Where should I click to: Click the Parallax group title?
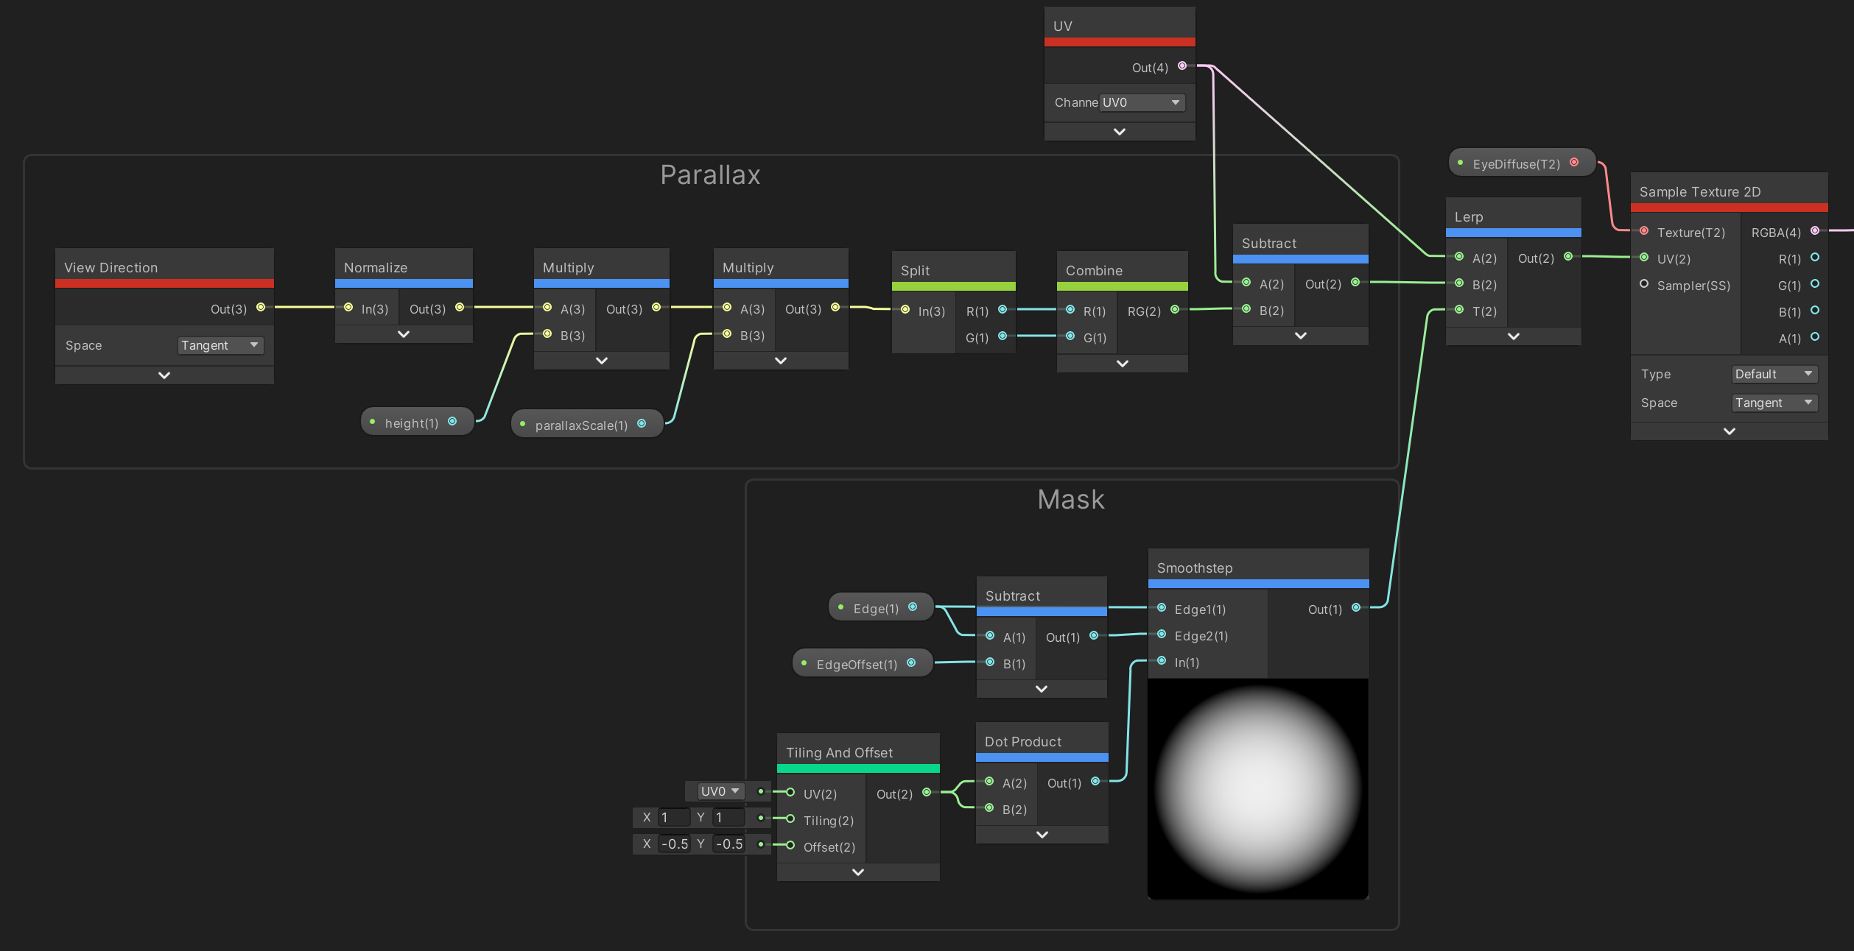pyautogui.click(x=710, y=175)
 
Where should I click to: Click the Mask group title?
pyautogui.click(x=1071, y=500)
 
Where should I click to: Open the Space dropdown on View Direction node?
pyautogui.click(x=220, y=345)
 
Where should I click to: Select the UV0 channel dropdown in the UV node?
pyautogui.click(x=1142, y=102)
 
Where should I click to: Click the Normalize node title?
pyautogui.click(x=376, y=267)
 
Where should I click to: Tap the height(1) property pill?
pyautogui.click(x=417, y=423)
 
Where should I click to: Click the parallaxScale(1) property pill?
pyautogui.click(x=587, y=425)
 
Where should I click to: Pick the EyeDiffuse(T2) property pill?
pyautogui.click(x=1522, y=163)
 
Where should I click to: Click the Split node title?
pyautogui.click(x=915, y=270)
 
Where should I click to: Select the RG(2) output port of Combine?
pyautogui.click(x=1175, y=310)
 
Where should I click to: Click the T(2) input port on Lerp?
pyautogui.click(x=1459, y=310)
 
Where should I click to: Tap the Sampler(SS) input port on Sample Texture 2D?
pyautogui.click(x=1644, y=284)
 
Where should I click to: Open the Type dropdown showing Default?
pyautogui.click(x=1774, y=374)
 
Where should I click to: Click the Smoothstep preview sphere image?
pyautogui.click(x=1258, y=788)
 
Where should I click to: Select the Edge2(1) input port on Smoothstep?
pyautogui.click(x=1162, y=634)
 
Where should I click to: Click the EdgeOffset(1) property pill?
pyautogui.click(x=863, y=663)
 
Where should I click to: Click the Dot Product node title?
pyautogui.click(x=1023, y=741)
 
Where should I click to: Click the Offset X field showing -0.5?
pyautogui.click(x=674, y=844)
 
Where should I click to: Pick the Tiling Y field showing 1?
pyautogui.click(x=728, y=817)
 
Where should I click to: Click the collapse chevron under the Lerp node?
pyautogui.click(x=1514, y=336)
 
